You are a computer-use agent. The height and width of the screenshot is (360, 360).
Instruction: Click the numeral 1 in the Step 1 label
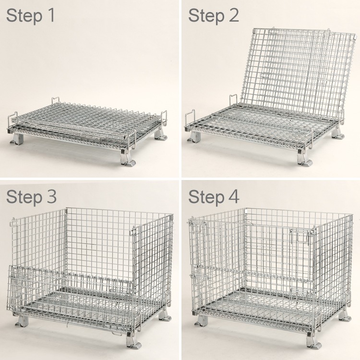pos(51,15)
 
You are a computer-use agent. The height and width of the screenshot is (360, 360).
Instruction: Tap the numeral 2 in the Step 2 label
pos(233,15)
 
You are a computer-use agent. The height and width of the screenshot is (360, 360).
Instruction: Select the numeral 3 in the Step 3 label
pos(51,197)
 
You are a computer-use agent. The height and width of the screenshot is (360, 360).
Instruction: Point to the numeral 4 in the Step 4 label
pos(234,197)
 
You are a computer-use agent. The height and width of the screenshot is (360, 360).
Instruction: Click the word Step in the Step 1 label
pos(24,16)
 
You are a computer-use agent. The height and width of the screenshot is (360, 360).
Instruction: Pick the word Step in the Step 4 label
pos(206,198)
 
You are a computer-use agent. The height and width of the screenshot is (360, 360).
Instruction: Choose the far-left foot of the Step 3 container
pos(22,321)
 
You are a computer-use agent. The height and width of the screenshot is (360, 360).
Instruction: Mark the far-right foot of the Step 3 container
pos(165,315)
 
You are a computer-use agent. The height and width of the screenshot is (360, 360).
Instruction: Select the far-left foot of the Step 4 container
pos(201,320)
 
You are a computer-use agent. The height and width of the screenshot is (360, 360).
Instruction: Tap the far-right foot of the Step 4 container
pos(345,316)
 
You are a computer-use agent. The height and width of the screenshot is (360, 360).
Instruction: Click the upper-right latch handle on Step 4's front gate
pos(299,236)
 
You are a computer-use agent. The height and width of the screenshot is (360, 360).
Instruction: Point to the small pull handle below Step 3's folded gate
pos(117,334)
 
